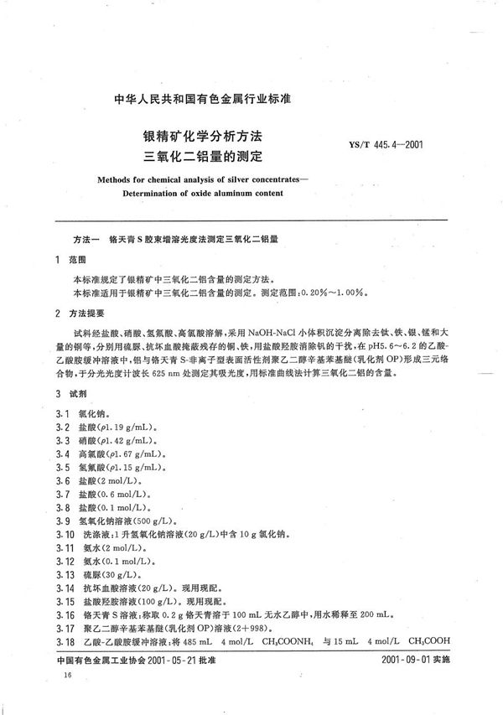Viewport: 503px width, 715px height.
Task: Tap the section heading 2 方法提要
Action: [81, 313]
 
